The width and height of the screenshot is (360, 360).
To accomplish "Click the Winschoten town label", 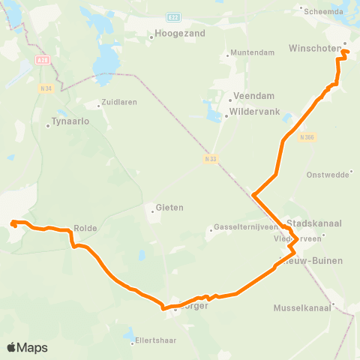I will pos(313,49).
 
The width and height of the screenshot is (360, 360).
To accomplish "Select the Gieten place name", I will pos(169,208).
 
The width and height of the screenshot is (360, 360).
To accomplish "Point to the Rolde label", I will pos(85,228).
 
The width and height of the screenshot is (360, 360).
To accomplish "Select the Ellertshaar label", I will pos(156,340).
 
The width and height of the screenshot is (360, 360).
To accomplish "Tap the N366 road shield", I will pos(305,137).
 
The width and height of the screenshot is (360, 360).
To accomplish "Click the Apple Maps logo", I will pos(27,347).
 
